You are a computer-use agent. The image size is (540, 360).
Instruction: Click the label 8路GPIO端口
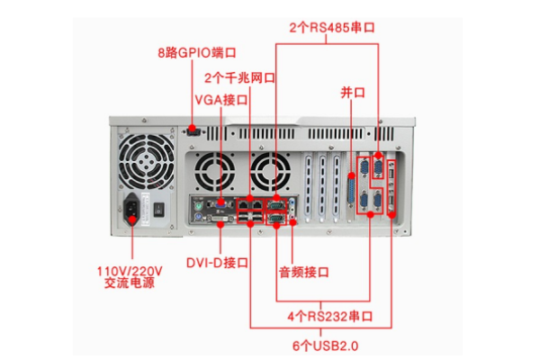pyautogui.click(x=193, y=53)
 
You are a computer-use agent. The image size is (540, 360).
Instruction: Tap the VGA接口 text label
pyautogui.click(x=220, y=98)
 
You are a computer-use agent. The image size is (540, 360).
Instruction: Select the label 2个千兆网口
pyautogui.click(x=239, y=77)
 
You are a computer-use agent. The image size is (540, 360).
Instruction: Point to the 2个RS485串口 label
pyautogui.click(x=332, y=28)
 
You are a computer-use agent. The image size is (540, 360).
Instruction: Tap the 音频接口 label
pyautogui.click(x=301, y=271)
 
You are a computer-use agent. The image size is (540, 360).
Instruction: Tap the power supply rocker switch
pyautogui.click(x=159, y=211)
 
